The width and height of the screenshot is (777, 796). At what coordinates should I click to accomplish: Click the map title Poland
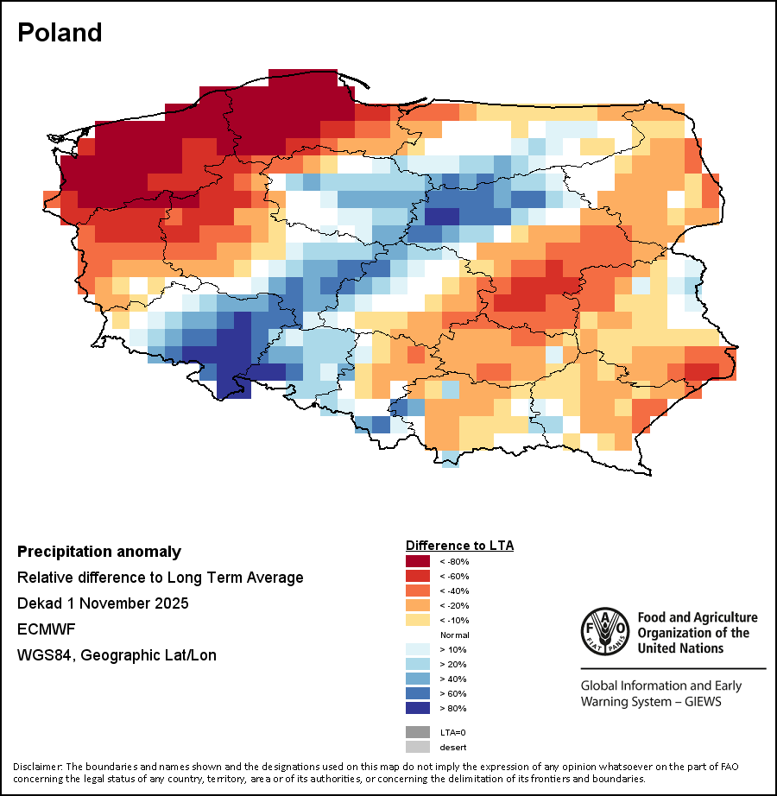coord(60,33)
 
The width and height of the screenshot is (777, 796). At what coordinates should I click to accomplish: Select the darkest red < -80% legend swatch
coord(419,561)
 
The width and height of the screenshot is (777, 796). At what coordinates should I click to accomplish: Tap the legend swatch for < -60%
coord(419,576)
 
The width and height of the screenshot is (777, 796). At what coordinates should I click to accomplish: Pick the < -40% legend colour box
coord(419,591)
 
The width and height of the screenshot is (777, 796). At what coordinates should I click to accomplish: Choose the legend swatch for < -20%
coord(419,605)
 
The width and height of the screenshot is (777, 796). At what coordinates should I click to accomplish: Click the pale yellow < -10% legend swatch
coord(419,620)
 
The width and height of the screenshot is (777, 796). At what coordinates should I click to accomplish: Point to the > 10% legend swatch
coord(419,649)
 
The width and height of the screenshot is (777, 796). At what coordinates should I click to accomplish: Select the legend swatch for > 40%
coord(419,679)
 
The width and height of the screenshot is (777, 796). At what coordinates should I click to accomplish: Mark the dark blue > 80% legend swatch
coord(419,708)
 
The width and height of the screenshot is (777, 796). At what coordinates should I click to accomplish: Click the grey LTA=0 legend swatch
coord(419,732)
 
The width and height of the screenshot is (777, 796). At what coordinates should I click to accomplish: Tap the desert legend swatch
coord(419,747)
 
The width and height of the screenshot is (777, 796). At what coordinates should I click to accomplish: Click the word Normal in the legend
coord(455,635)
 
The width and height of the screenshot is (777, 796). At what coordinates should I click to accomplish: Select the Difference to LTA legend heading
coord(459,546)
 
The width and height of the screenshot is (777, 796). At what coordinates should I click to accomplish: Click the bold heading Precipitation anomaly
coord(99,552)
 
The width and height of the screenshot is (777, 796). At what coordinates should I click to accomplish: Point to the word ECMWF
coord(43,629)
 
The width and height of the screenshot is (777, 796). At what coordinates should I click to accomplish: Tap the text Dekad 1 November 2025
coord(103,603)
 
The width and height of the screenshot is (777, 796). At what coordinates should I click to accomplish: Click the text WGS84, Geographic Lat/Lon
coord(117,655)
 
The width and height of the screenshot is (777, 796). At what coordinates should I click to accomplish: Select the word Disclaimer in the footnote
coord(37,767)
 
